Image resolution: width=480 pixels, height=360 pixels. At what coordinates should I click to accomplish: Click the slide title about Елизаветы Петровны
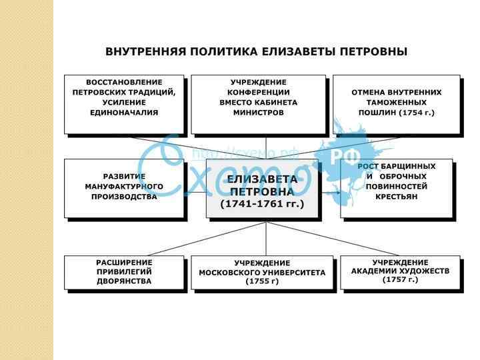point(256,52)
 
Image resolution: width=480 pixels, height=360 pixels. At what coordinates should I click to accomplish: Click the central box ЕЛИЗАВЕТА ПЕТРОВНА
point(262,190)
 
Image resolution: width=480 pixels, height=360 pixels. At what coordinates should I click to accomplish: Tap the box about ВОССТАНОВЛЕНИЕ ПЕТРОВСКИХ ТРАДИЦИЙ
point(124,104)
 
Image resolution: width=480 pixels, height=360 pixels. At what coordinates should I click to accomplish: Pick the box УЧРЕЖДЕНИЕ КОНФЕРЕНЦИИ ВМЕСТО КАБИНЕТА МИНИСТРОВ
point(258,104)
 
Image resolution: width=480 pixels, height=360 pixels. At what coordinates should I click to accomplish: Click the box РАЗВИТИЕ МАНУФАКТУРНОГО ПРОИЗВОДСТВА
point(124,188)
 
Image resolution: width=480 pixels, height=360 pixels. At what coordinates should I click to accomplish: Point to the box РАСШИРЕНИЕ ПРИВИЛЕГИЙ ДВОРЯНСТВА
point(124,272)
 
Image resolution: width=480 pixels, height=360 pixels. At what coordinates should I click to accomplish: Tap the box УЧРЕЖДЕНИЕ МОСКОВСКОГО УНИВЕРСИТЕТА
point(261,272)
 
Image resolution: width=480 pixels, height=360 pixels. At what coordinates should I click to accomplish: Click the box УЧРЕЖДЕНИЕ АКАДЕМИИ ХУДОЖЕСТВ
point(400,271)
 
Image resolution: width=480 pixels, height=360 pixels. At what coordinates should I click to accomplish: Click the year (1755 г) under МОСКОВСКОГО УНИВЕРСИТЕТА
point(261,282)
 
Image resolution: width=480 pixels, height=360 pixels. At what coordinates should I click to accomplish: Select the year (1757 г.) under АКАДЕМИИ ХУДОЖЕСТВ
point(400,280)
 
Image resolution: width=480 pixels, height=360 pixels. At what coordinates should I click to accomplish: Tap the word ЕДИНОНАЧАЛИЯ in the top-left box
point(124,113)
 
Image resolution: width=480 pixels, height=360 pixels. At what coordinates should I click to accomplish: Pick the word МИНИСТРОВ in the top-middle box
point(258,113)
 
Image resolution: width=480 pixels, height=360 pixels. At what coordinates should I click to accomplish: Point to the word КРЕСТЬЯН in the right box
point(397,197)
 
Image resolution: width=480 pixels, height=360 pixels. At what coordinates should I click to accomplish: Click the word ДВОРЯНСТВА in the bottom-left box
point(124,281)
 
